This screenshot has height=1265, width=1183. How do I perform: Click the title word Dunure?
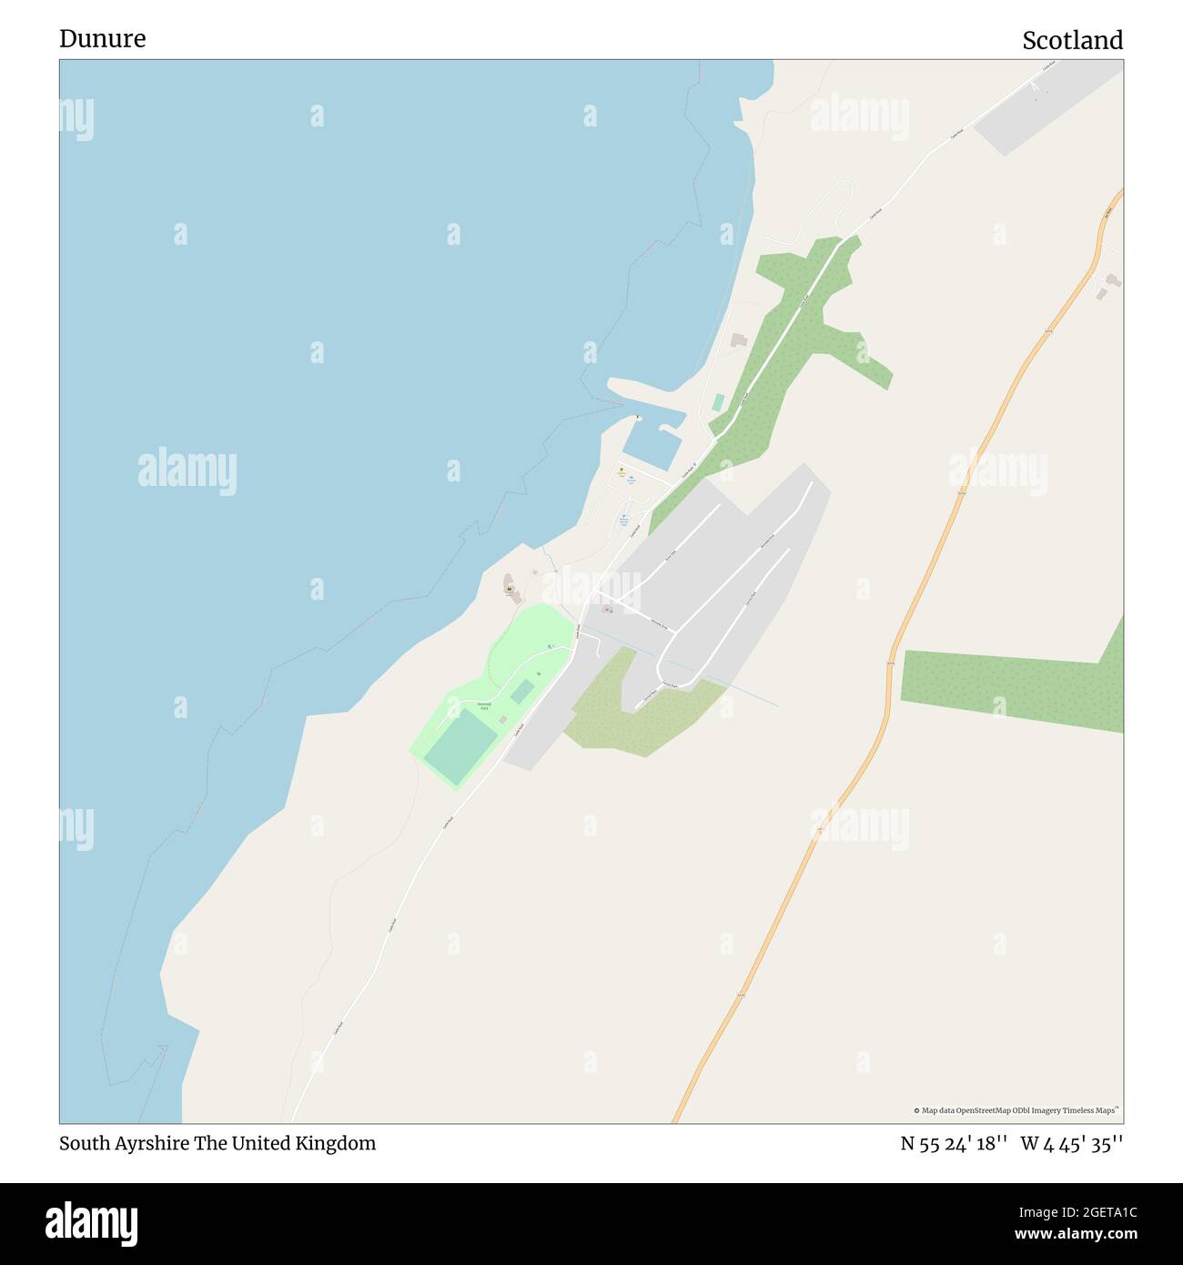102,38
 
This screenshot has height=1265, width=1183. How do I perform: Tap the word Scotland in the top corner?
1072,40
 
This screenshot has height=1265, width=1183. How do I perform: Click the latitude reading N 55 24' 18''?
953,1144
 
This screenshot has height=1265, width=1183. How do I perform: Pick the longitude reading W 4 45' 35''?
1071,1144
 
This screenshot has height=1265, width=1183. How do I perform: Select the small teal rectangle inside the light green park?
521,693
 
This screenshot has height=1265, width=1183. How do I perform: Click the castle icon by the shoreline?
511,590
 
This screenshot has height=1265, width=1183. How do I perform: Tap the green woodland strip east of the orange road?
1010,687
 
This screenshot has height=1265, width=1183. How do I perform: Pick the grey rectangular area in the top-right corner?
1046,109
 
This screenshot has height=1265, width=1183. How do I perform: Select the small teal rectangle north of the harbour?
719,402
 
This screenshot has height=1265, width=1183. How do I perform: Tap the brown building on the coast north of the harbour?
738,340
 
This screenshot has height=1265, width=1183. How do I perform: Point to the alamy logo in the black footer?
91,1223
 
